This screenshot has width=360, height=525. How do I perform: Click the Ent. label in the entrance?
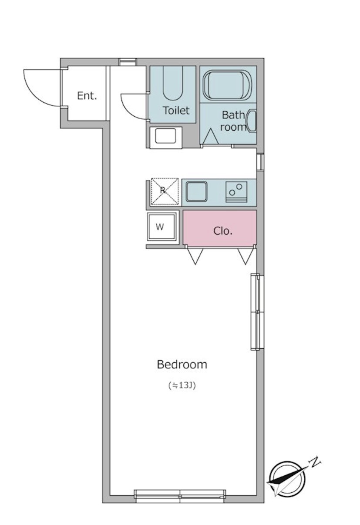87,96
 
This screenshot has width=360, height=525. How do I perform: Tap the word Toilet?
176,111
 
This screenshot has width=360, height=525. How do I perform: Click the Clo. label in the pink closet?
222,231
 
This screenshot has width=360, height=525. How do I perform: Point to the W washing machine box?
162,226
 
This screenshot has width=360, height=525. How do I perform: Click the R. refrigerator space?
165,191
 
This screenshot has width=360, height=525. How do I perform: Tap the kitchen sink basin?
196,192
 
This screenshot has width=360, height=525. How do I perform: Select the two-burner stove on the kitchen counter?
236,192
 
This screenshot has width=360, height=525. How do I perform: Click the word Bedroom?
182,365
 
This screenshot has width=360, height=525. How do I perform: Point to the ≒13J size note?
182,385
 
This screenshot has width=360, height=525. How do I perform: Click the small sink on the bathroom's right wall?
251,121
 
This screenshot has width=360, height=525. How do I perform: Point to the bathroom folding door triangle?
210,136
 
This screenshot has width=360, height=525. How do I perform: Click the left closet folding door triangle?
195,256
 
